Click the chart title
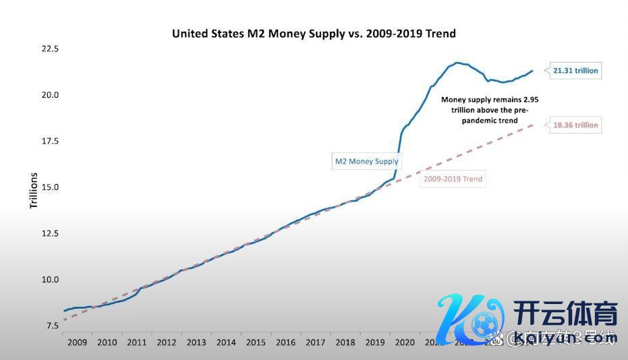pyautogui.click(x=314, y=33)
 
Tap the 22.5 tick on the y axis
pyautogui.click(x=50, y=49)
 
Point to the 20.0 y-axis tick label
pyautogui.click(x=50, y=95)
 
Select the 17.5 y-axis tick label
pyautogui.click(x=50, y=142)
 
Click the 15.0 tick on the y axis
pyautogui.click(x=50, y=187)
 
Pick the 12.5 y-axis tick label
pyautogui.click(x=50, y=233)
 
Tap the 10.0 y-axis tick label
pyautogui.click(x=50, y=279)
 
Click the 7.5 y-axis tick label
pyautogui.click(x=53, y=326)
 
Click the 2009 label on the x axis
pyautogui.click(x=77, y=342)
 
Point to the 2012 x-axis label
pyautogui.click(x=167, y=342)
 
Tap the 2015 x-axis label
pyautogui.click(x=256, y=342)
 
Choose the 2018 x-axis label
pyautogui.click(x=345, y=342)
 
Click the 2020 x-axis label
pyautogui.click(x=405, y=342)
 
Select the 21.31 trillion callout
pyautogui.click(x=575, y=70)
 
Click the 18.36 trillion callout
pyautogui.click(x=575, y=125)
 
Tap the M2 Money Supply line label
pyautogui.click(x=367, y=161)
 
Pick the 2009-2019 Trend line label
pyautogui.click(x=453, y=179)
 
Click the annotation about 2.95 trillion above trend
pyautogui.click(x=490, y=110)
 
